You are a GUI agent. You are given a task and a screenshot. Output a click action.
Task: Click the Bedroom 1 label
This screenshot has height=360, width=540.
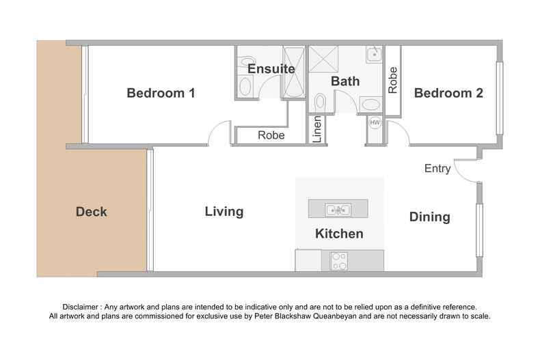click(161, 93)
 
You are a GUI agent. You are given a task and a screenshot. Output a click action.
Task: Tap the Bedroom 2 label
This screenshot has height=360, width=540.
click(448, 93)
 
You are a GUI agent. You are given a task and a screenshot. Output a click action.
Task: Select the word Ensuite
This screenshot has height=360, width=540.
click(271, 69)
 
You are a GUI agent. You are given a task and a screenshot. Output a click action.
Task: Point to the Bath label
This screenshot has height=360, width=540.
click(345, 81)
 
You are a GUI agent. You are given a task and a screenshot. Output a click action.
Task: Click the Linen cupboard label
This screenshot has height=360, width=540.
click(317, 129)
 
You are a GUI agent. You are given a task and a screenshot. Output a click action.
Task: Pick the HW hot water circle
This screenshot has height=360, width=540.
click(375, 122)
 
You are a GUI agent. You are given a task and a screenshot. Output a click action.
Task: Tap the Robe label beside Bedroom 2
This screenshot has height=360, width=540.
click(392, 80)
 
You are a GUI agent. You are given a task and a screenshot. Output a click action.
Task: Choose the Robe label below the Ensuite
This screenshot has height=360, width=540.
click(271, 135)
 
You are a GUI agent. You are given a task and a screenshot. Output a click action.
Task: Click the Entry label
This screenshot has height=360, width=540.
click(437, 168)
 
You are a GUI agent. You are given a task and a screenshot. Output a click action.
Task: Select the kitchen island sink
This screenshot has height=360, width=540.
click(338, 209)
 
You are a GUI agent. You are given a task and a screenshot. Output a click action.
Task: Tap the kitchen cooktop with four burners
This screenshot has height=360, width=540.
click(339, 261)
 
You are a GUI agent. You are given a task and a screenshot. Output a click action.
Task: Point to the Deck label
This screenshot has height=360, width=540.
click(92, 212)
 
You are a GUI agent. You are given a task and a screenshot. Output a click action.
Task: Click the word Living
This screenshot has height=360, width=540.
click(224, 211)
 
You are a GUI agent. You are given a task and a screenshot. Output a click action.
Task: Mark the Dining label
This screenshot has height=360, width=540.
click(430, 217)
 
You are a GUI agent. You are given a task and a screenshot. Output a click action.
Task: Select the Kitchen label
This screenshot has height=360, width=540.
click(339, 234)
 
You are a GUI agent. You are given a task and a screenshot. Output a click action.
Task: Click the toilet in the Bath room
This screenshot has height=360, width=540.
click(321, 102)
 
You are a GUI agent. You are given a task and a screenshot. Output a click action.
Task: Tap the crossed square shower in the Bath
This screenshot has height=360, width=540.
click(323, 59)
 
